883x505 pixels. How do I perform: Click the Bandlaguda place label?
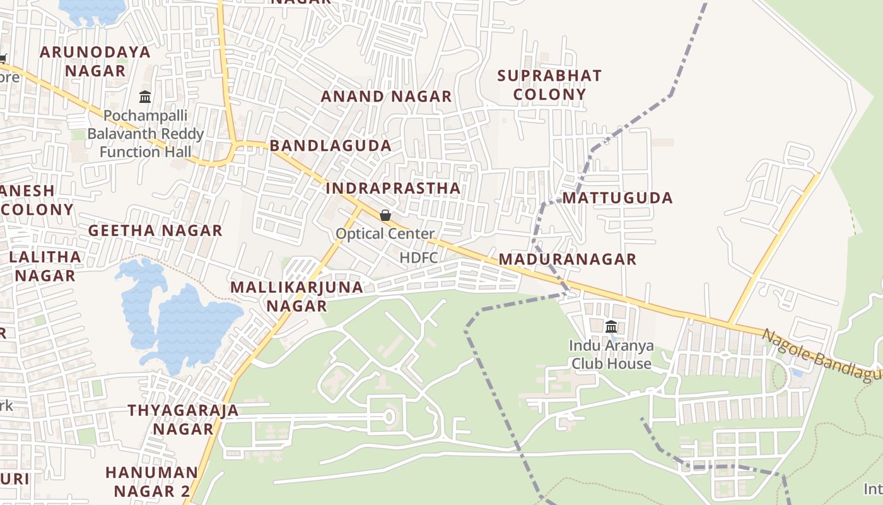point(330,146)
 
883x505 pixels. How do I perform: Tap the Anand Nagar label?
point(386,97)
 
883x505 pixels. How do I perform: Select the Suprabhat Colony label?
point(549,85)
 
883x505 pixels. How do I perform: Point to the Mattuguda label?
point(617,198)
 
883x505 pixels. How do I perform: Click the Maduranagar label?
point(567,259)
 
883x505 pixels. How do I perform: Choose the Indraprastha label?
point(393,189)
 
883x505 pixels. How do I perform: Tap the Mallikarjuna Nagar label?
point(296,297)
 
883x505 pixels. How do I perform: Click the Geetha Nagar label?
point(155,231)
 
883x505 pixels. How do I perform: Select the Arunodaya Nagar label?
point(95,61)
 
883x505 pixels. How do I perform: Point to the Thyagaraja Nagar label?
point(184,420)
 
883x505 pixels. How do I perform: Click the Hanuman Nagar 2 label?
point(151,482)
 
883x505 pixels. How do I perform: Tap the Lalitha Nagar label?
point(45,266)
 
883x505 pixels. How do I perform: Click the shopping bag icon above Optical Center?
point(385,215)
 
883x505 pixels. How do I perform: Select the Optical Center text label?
point(385,234)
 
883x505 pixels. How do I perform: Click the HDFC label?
point(419,258)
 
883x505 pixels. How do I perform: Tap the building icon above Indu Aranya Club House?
point(611,326)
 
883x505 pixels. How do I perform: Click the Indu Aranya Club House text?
point(611,355)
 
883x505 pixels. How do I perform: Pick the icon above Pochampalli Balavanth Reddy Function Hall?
point(145,97)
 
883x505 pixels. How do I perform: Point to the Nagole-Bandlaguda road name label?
point(820,356)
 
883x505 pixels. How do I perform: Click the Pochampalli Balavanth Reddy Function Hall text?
point(146,134)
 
